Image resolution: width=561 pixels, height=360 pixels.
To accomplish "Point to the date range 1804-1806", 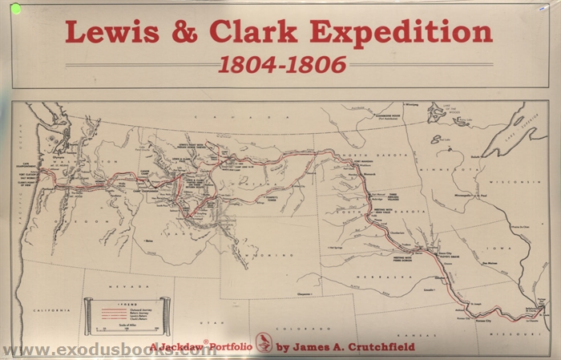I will [x=281, y=64].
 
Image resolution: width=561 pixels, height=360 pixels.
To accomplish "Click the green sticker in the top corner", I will [x=16, y=8].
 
